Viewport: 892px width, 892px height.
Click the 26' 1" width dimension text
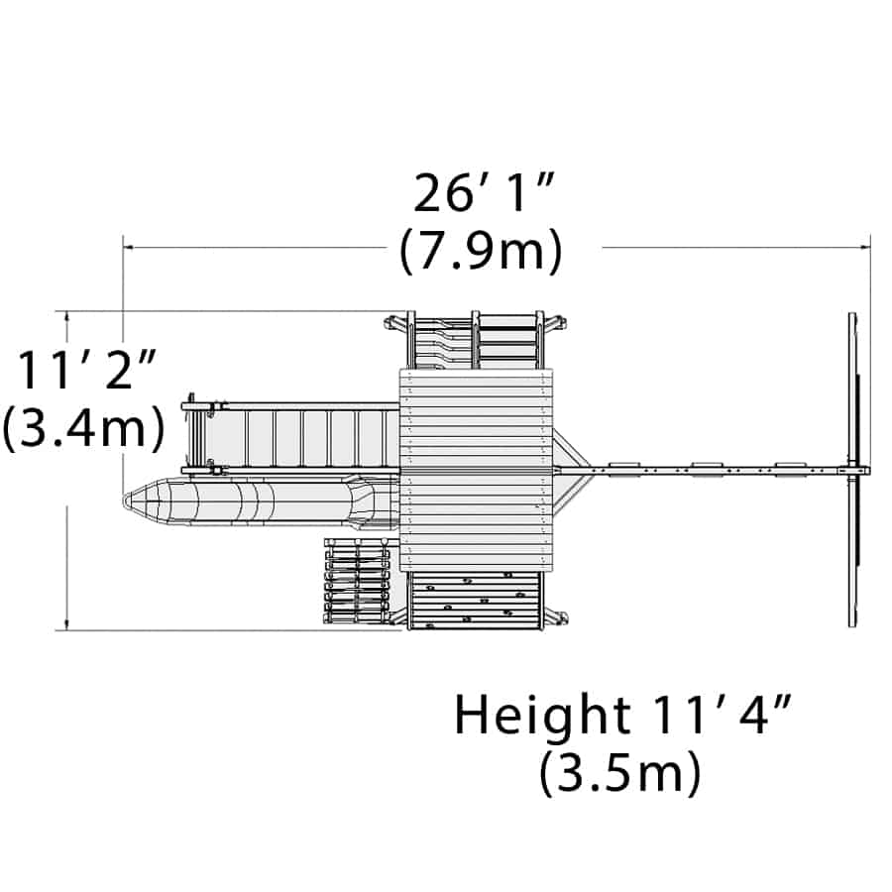click(x=484, y=193)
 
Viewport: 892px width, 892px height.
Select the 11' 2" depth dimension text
click(x=87, y=370)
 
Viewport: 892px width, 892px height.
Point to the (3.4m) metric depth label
click(x=83, y=428)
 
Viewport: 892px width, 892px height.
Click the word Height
click(x=542, y=717)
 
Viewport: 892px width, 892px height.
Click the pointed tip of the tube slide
click(x=125, y=501)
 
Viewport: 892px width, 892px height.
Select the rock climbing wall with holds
click(x=476, y=601)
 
